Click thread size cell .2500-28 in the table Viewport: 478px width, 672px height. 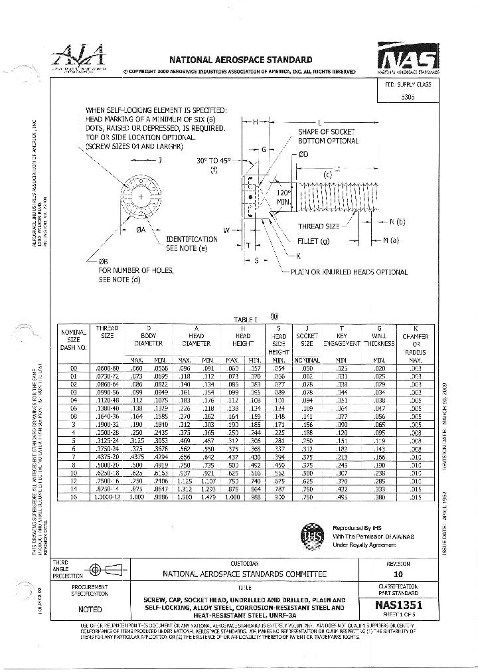(108, 431)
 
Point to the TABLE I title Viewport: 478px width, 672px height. (244, 319)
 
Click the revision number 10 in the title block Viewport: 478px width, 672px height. (398, 574)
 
